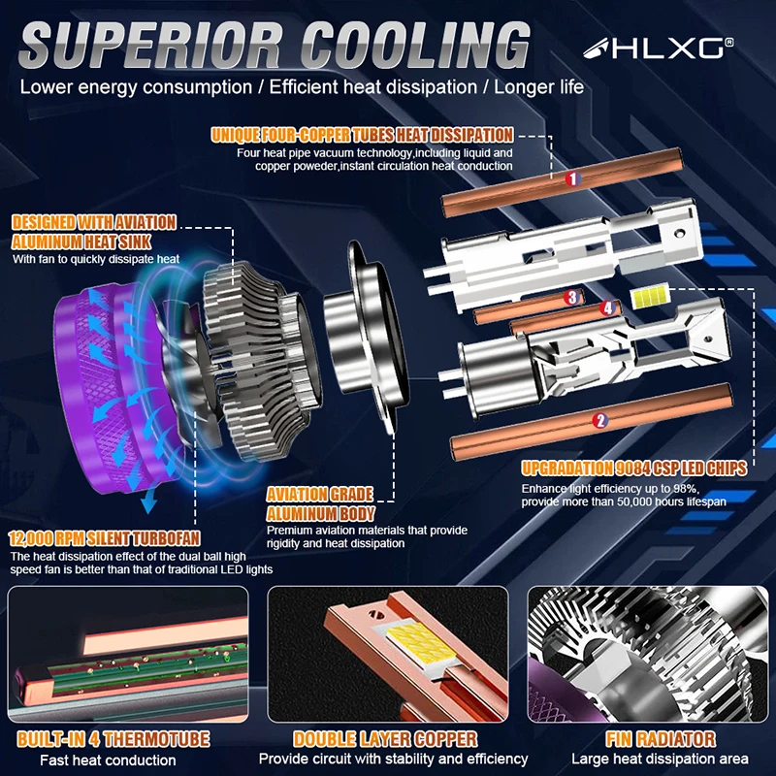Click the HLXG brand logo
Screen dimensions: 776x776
pos(659,48)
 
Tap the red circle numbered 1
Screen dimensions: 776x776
pos(572,178)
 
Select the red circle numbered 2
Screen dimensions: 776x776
pos(599,420)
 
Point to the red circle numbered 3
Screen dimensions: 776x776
pos(572,297)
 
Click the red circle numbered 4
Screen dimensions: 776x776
pos(607,307)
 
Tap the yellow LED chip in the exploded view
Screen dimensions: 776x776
pos(650,297)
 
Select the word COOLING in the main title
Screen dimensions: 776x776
pos(415,46)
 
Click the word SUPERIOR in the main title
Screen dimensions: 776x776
pos(152,46)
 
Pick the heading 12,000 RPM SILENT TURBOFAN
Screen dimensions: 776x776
pos(105,538)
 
